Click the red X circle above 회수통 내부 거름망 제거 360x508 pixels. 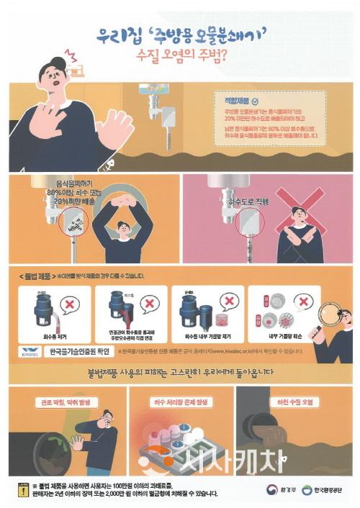pos(228,303)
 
